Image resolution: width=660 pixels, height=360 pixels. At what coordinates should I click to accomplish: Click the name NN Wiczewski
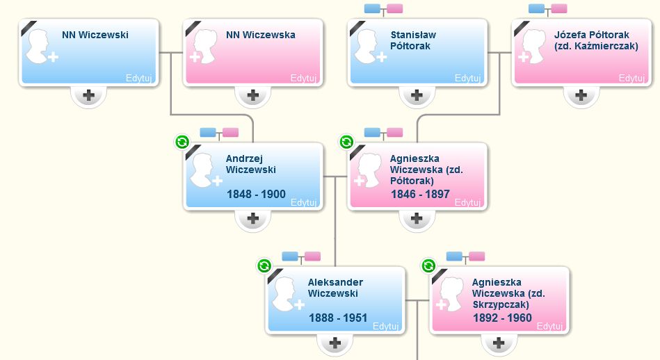tap(95, 35)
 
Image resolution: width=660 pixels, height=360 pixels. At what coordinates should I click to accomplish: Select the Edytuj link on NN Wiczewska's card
tap(303, 78)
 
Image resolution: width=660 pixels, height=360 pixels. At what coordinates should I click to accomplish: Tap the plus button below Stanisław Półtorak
tap(417, 95)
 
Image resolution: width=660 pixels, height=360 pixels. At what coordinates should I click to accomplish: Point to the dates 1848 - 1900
tap(256, 194)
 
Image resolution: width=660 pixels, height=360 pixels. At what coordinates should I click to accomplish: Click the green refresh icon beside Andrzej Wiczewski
tap(182, 142)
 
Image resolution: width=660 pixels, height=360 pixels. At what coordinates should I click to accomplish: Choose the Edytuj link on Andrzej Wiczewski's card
tap(304, 202)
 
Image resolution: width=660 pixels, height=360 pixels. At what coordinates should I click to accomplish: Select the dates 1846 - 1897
tap(420, 194)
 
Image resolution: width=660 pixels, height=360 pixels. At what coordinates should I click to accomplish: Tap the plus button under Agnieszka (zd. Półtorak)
tap(417, 218)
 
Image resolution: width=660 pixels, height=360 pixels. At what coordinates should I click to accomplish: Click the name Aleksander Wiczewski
tap(335, 288)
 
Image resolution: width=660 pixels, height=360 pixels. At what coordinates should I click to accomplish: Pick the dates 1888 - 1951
tap(338, 318)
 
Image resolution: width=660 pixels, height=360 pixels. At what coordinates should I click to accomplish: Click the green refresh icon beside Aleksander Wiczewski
tap(264, 265)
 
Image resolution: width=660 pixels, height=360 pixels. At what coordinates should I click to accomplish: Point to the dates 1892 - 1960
tap(502, 318)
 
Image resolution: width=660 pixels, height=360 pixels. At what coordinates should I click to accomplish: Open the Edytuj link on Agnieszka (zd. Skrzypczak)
tap(549, 326)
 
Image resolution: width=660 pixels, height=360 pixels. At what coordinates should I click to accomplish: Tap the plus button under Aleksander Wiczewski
tap(335, 343)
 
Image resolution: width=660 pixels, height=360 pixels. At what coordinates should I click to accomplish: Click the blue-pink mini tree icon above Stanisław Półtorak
tap(384, 9)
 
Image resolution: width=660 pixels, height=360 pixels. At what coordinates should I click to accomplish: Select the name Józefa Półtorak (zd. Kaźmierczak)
tap(597, 40)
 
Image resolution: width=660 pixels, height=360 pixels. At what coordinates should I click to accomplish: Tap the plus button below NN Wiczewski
tap(89, 95)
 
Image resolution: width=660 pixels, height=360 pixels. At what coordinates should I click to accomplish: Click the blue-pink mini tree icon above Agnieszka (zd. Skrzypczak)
tap(466, 256)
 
